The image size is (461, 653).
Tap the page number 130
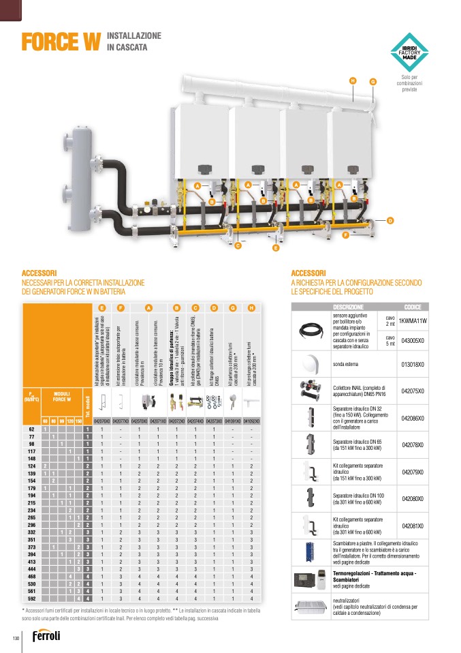pos(15,637)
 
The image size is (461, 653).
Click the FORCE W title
pos(61,42)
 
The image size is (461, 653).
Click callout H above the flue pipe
pos(353,81)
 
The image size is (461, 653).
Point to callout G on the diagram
pos(372,82)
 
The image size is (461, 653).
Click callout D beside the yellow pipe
pos(390,220)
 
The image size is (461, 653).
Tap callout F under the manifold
pos(345,235)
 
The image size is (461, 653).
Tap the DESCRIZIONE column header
pos(349,307)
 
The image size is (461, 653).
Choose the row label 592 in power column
pos(31,598)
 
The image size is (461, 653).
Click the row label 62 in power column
pos(31,429)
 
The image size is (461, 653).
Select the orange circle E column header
pos(101,308)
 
